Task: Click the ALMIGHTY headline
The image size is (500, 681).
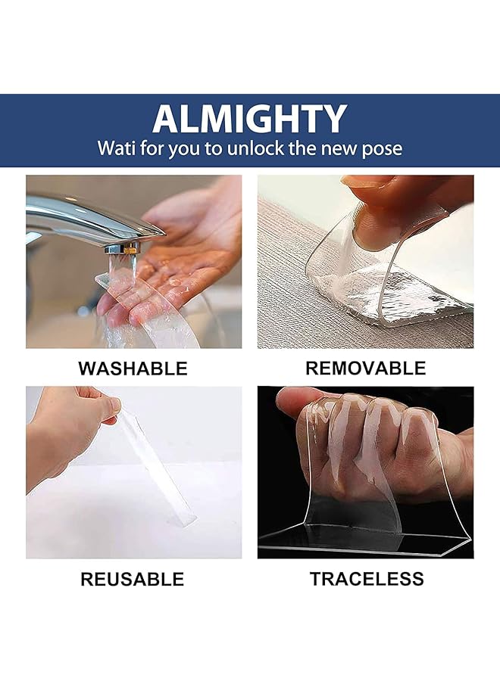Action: point(249,119)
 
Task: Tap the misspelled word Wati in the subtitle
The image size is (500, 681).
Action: point(116,148)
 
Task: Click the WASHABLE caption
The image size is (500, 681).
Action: point(133,369)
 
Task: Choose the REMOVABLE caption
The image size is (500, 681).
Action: point(365,368)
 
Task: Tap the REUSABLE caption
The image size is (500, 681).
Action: point(132,580)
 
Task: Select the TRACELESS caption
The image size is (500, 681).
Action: point(366,580)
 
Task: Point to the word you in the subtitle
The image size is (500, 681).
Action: point(183,148)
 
